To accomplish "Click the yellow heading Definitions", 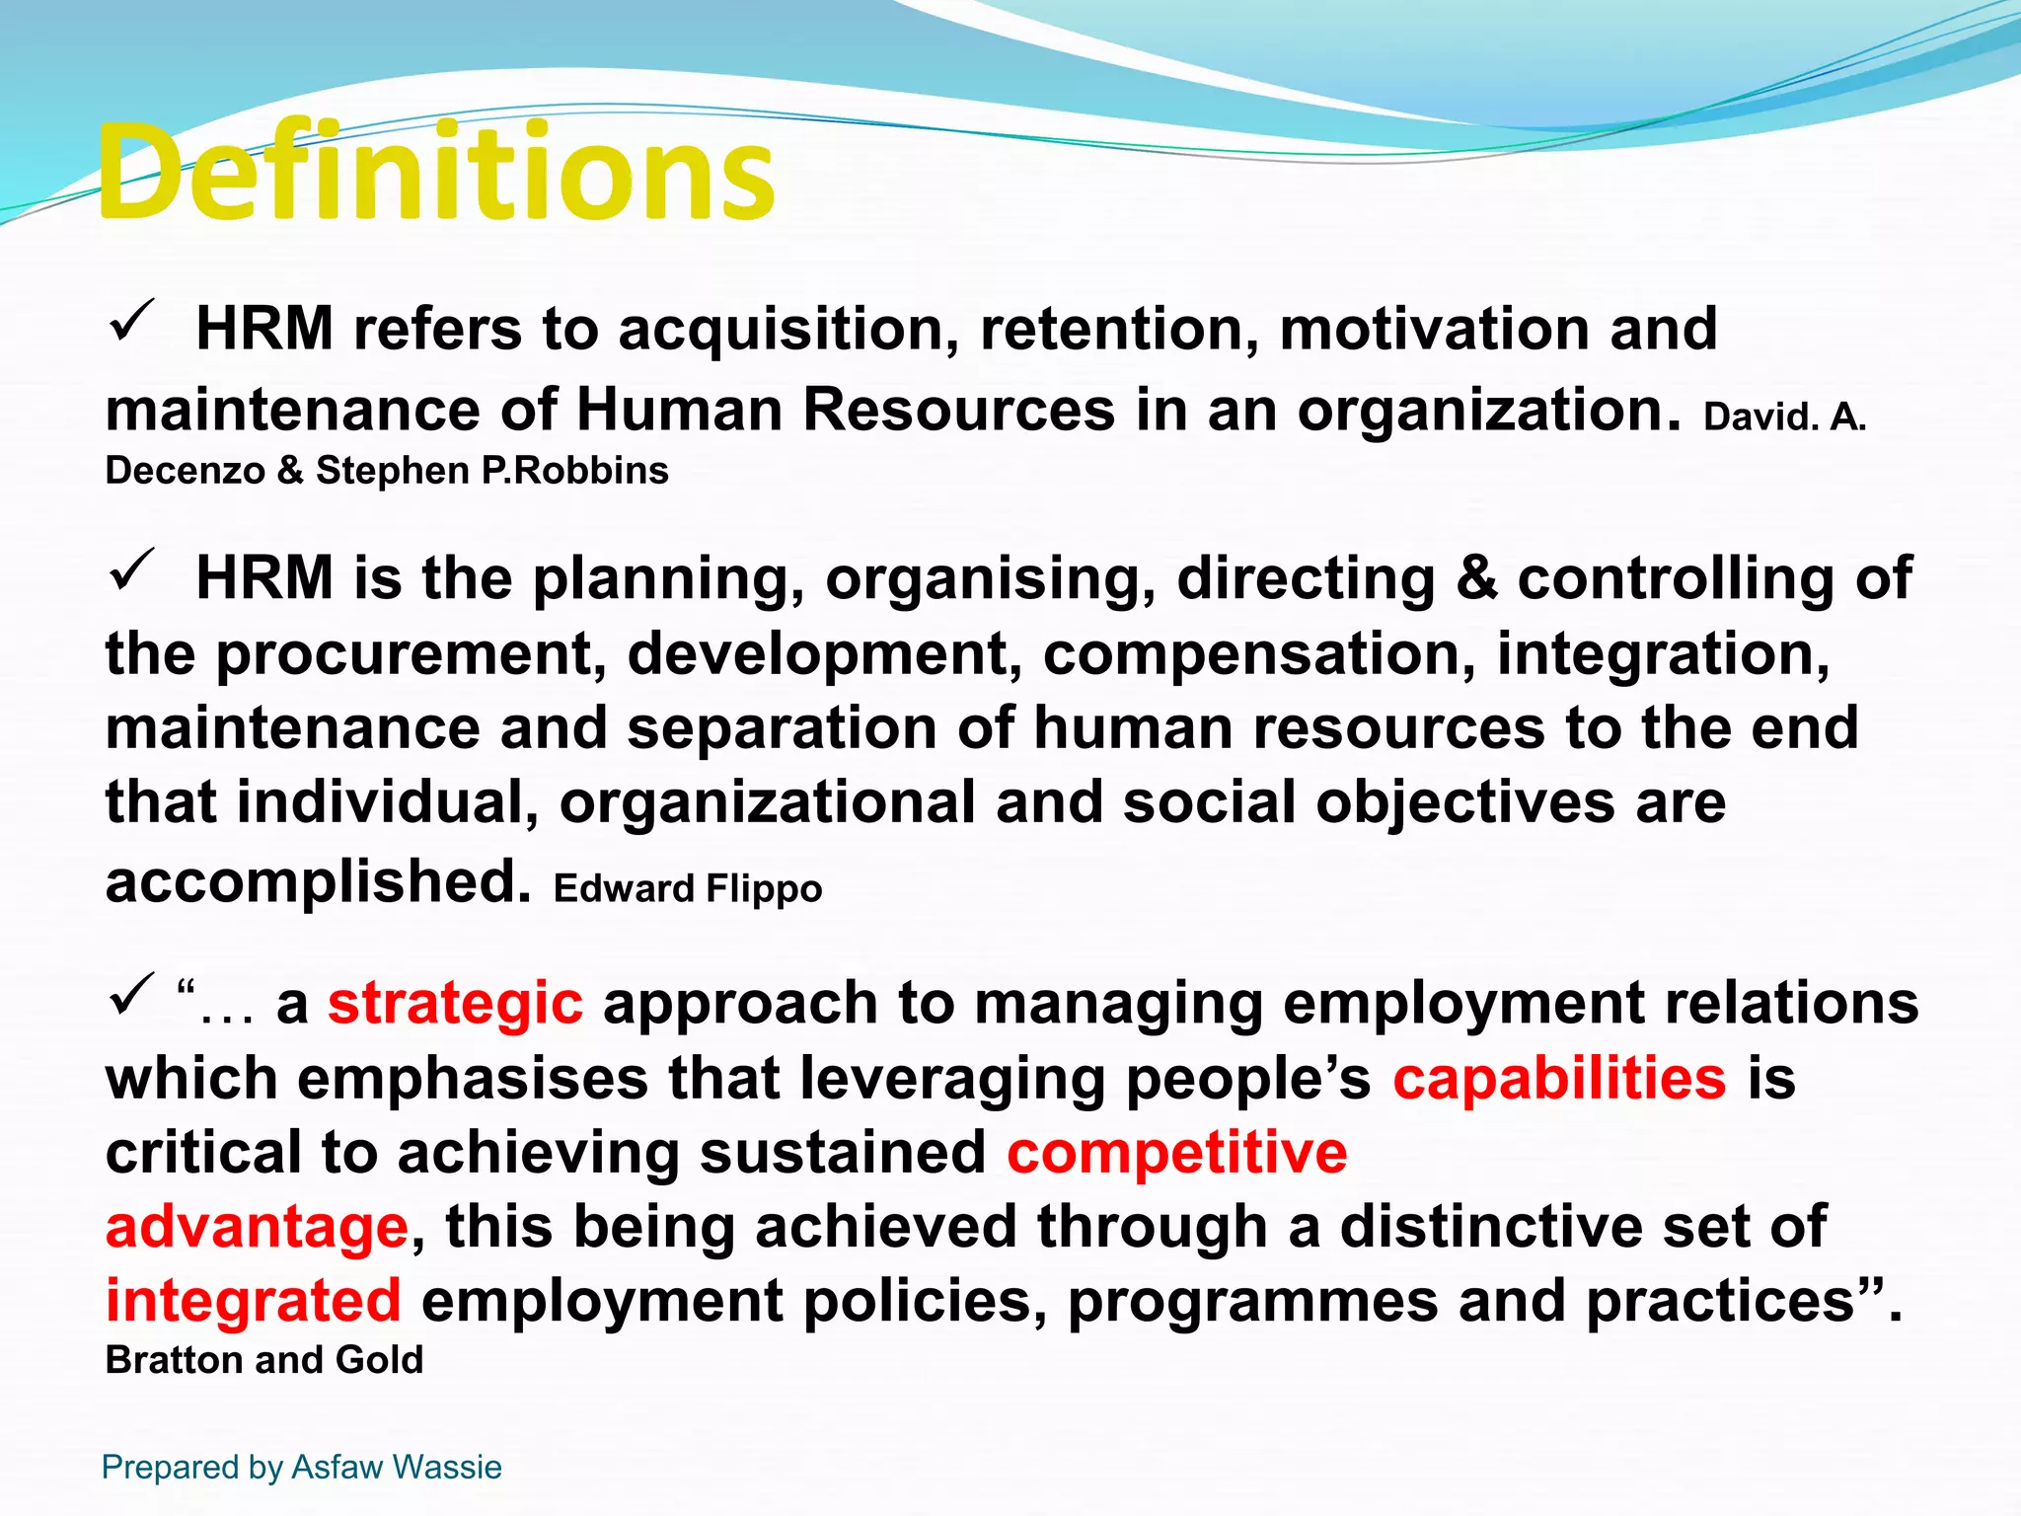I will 436,174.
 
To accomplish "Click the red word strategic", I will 455,1004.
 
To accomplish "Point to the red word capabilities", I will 1559,1078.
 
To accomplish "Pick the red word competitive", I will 1176,1152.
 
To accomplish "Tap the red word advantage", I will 257,1227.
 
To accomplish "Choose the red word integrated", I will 254,1301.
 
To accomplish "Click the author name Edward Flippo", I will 688,888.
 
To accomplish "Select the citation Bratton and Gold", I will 264,1360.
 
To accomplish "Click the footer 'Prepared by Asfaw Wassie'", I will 302,1467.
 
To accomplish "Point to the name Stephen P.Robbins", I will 491,471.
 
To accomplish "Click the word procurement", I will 406,653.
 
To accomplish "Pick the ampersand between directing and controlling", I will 1476,577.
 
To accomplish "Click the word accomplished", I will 318,880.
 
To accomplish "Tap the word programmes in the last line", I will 1253,1301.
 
